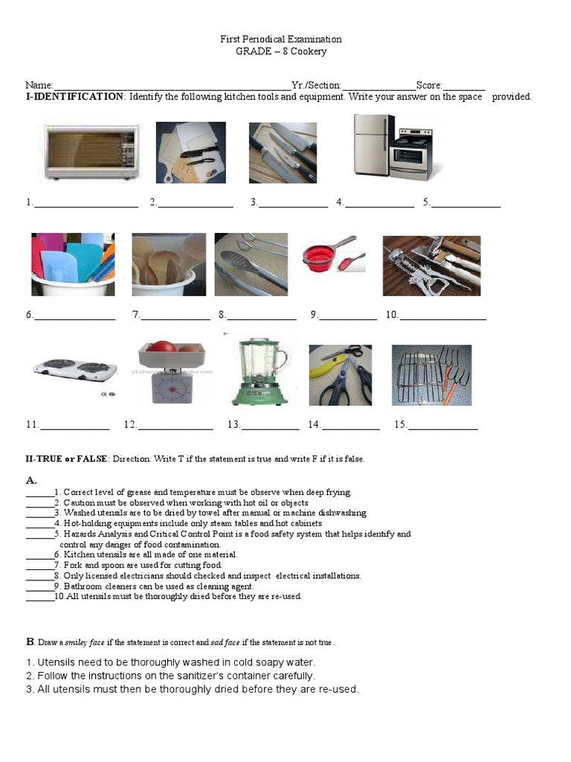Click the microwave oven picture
tap(91, 153)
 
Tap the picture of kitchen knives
tap(282, 152)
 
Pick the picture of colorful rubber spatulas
tap(73, 264)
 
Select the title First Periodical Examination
tap(281, 39)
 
